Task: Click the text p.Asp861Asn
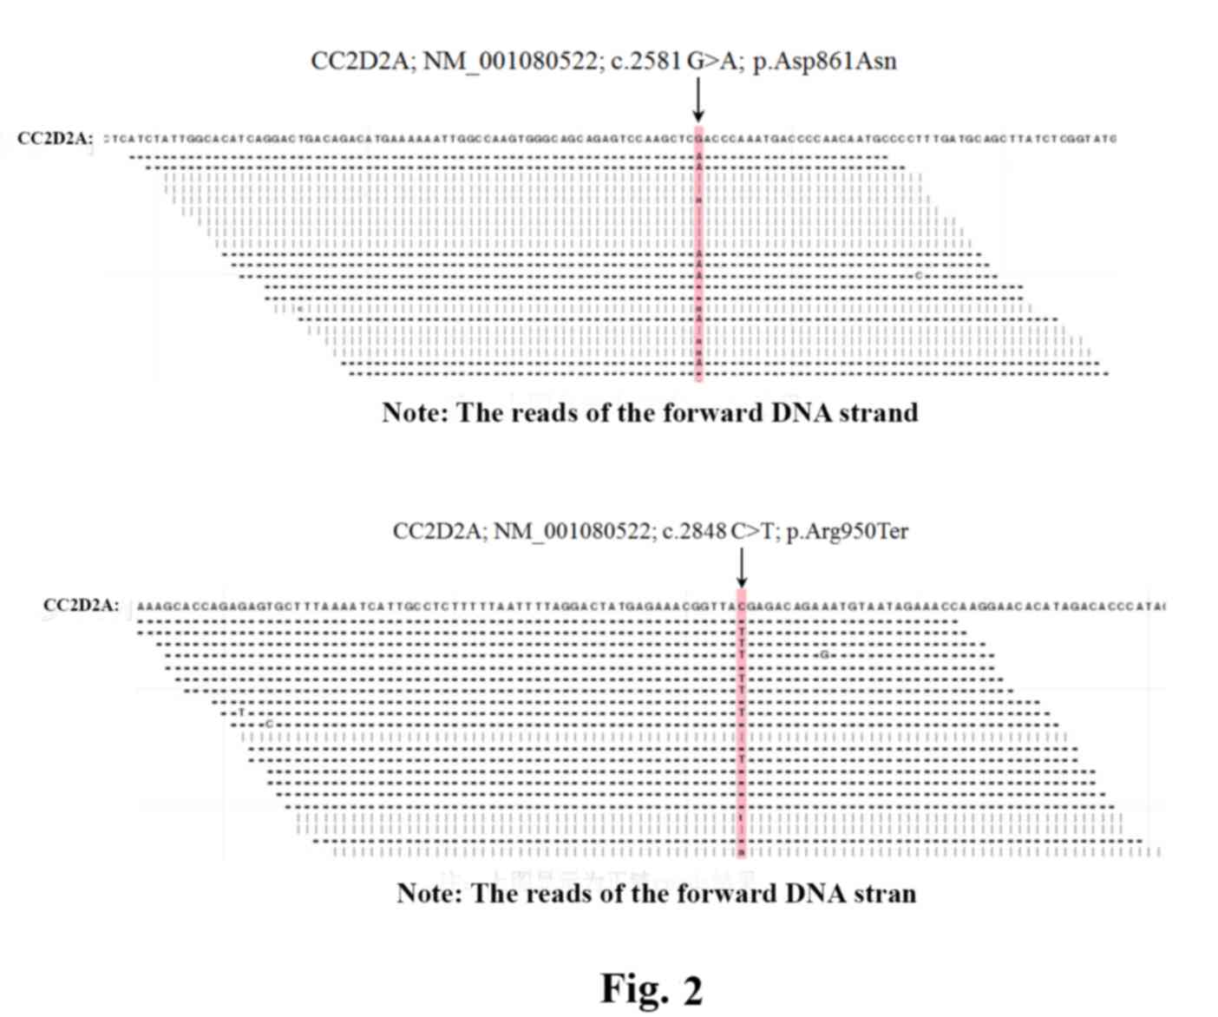(x=825, y=62)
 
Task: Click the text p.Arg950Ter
(x=847, y=531)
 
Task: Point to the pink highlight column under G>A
(x=698, y=260)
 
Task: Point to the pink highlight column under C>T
(x=742, y=729)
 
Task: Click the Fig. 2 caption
(x=651, y=988)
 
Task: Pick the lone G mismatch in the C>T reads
(x=824, y=655)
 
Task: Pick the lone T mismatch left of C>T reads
(x=242, y=712)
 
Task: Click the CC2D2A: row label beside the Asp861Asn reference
(x=55, y=139)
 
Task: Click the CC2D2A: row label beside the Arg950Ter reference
(x=81, y=606)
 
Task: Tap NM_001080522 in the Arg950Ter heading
(x=573, y=531)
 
